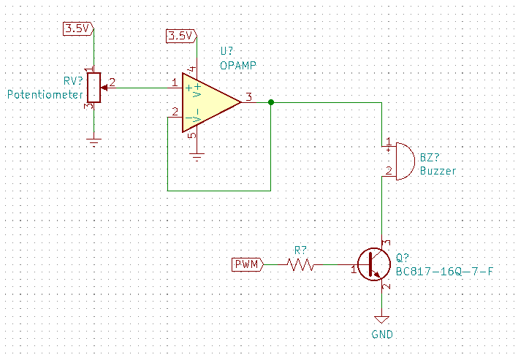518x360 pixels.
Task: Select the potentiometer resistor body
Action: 93,88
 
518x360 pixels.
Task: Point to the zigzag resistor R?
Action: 301,264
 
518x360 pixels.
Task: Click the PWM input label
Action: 246,264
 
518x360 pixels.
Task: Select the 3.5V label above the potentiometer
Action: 77,28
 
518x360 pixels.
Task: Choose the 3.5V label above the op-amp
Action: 180,35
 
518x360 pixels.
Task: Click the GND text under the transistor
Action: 381,335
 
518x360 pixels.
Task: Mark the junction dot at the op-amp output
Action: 270,102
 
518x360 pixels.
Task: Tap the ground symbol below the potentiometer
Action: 93,141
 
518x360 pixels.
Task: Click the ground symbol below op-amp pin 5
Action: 196,155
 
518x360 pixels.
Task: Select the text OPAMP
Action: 238,65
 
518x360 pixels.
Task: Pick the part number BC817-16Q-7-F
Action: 444,272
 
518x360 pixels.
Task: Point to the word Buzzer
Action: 438,171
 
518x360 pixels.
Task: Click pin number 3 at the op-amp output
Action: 249,96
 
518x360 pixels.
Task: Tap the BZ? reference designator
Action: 430,157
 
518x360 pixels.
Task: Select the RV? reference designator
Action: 73,81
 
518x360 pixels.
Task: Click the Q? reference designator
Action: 403,258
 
